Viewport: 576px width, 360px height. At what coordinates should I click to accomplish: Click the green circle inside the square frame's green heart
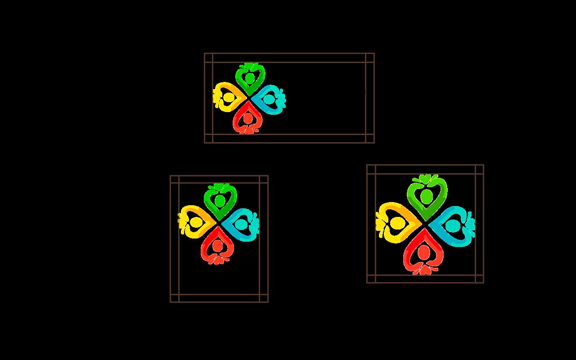[426, 196]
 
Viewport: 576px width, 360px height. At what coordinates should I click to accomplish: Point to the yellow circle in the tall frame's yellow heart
[196, 222]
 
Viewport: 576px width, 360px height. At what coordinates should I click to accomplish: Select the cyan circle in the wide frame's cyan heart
[268, 99]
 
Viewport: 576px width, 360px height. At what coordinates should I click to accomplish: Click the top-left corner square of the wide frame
[208, 58]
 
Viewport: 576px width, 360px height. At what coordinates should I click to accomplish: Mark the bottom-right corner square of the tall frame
[264, 298]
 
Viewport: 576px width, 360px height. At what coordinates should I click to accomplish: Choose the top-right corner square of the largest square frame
[479, 169]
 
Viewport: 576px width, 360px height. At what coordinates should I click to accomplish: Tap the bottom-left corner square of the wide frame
[208, 139]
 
